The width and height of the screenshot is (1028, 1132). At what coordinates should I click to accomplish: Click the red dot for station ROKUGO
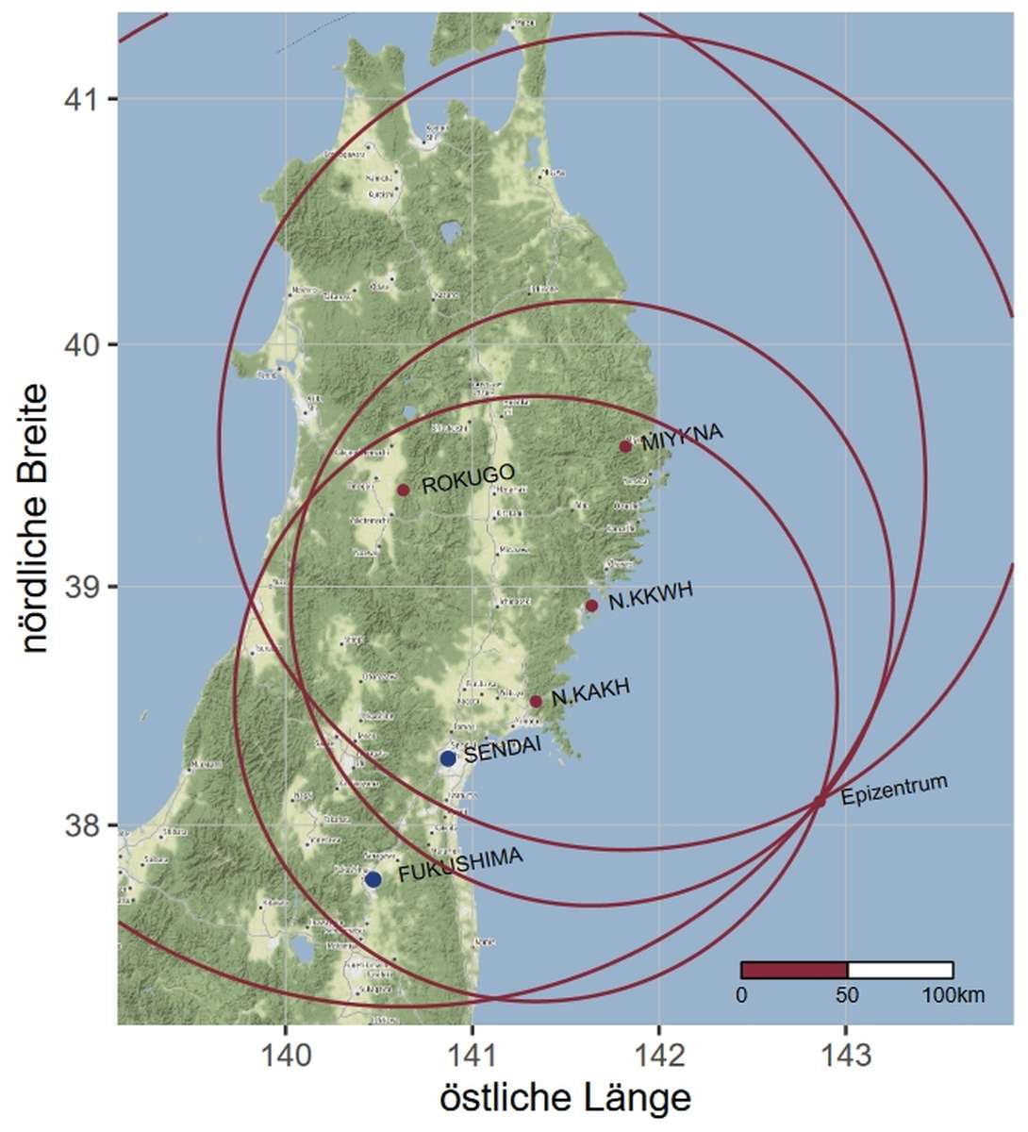tap(403, 490)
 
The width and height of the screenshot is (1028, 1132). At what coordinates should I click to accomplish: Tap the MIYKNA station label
tap(681, 438)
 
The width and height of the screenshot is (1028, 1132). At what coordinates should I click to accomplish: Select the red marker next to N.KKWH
tap(591, 606)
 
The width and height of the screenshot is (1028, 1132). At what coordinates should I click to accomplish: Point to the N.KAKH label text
tap(590, 693)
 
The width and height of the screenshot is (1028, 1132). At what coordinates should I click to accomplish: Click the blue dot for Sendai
tap(448, 758)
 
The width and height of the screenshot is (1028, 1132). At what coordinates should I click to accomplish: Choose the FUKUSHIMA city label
tap(460, 865)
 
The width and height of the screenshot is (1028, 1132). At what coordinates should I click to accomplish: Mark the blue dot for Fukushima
tap(373, 879)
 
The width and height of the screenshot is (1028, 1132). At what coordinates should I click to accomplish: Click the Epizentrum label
tap(893, 791)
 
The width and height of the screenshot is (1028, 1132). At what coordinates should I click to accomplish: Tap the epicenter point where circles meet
tap(819, 801)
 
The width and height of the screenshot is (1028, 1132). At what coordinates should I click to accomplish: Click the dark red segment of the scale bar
tap(794, 970)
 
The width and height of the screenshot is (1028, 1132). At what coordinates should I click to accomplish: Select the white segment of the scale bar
tap(900, 970)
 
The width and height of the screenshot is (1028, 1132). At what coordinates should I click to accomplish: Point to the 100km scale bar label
tap(953, 995)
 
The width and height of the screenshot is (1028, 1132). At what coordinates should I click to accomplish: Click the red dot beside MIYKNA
tap(625, 446)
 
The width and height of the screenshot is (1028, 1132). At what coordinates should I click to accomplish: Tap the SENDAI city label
tap(502, 749)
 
